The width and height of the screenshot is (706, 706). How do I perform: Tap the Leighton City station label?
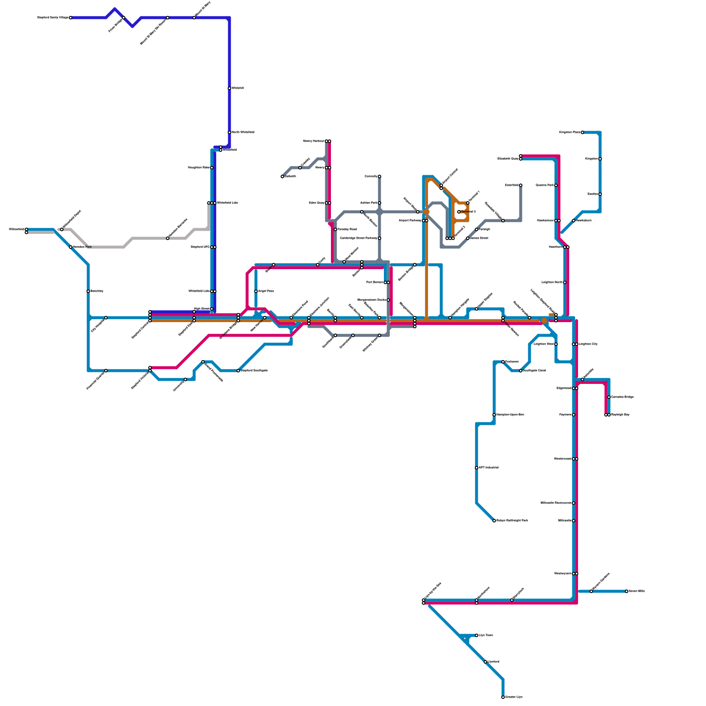click(x=588, y=344)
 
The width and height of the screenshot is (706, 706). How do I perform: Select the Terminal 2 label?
click(x=468, y=212)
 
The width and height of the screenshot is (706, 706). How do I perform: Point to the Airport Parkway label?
click(x=410, y=221)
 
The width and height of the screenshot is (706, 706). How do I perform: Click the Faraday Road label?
click(x=347, y=229)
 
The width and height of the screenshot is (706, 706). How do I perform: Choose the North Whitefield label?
click(x=243, y=132)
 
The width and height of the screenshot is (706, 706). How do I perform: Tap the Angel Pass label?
click(x=266, y=291)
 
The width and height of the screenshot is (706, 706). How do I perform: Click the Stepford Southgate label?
click(x=254, y=371)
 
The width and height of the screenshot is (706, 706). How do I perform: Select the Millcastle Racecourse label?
click(x=556, y=503)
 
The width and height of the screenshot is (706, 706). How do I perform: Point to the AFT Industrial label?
click(x=489, y=468)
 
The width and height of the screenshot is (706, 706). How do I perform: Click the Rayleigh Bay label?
click(x=620, y=415)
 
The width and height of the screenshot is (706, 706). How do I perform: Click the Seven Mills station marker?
click(x=627, y=591)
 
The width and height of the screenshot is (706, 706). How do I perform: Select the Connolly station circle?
click(x=379, y=176)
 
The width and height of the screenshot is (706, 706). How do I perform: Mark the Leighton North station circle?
click(x=565, y=282)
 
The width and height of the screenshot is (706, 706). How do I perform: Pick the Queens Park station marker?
click(x=556, y=185)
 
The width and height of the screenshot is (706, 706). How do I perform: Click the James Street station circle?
click(x=468, y=238)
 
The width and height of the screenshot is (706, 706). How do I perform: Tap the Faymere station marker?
click(x=574, y=415)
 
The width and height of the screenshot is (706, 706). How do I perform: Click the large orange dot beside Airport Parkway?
click(x=427, y=212)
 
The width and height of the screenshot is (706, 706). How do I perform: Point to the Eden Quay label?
click(x=316, y=203)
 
